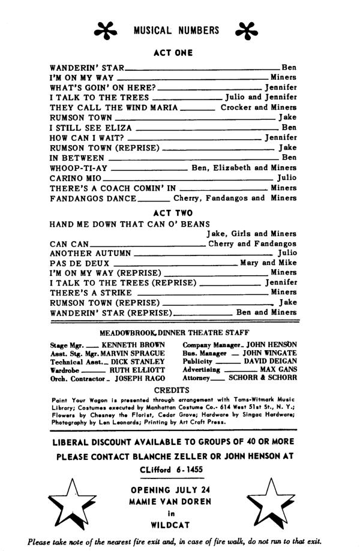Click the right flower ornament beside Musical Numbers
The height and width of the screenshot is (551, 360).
tap(247, 31)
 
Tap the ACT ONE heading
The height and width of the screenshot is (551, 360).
tap(173, 53)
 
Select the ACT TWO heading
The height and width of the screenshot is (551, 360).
tap(173, 213)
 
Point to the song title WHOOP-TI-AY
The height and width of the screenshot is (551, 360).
tap(79, 168)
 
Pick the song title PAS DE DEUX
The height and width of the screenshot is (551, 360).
tap(80, 263)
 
